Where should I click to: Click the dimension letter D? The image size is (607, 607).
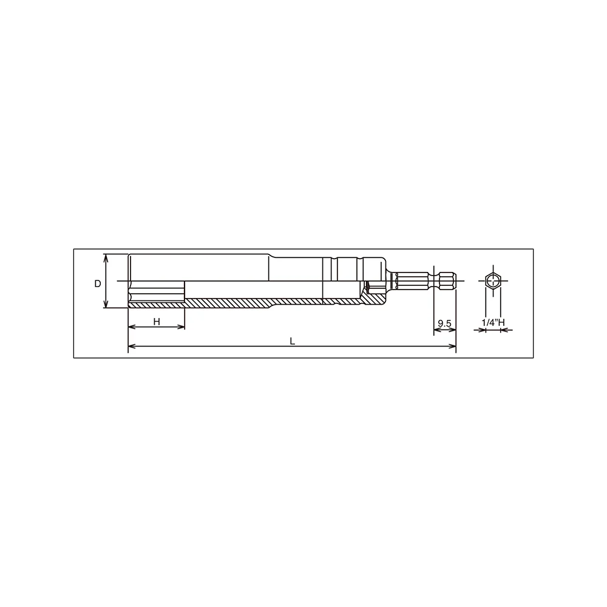coord(98,283)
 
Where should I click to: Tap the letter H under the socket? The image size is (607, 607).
coord(157,321)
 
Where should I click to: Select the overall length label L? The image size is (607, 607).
coord(293,341)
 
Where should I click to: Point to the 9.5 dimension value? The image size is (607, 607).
coord(444,324)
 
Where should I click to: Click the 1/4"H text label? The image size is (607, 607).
coord(493,322)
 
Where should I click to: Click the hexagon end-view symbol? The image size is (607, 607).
coord(493,280)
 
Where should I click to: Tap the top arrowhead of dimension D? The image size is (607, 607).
coord(106,257)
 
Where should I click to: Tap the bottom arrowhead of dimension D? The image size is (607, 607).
coord(106,305)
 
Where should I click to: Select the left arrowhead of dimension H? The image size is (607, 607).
coord(132,327)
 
